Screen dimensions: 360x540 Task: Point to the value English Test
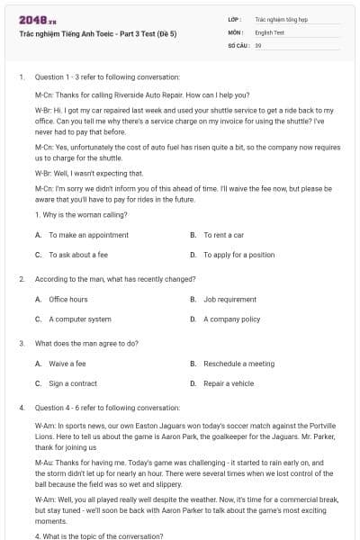tap(270, 31)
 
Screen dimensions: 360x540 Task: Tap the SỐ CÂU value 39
tap(258, 44)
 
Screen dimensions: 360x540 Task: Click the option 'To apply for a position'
tap(238, 255)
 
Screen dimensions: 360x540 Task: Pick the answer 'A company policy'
tap(231, 319)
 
